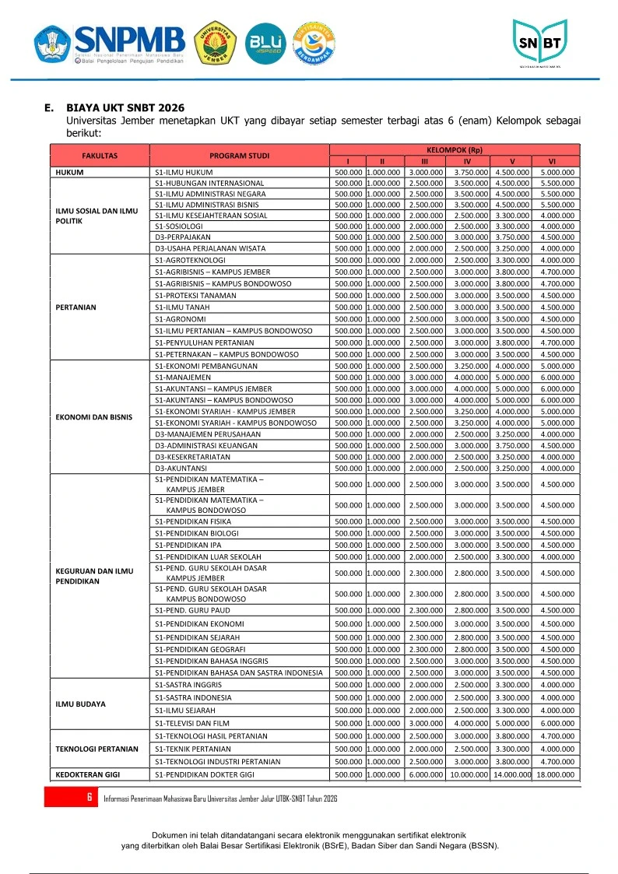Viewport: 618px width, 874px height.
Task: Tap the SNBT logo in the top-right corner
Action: tap(539, 43)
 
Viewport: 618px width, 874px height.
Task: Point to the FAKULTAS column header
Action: tap(100, 156)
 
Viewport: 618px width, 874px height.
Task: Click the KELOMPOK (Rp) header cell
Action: tap(455, 149)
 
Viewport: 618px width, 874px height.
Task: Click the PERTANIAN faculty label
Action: tap(76, 307)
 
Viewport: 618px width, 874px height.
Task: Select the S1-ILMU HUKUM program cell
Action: tap(184, 172)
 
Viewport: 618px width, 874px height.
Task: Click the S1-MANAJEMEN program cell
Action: tap(183, 377)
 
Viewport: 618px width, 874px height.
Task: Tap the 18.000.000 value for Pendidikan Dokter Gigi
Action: tap(555, 775)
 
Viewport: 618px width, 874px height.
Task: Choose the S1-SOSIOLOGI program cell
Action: tap(179, 226)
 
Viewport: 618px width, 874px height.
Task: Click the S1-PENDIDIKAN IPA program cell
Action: tap(188, 546)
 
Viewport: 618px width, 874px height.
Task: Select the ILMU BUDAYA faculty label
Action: tap(81, 704)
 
